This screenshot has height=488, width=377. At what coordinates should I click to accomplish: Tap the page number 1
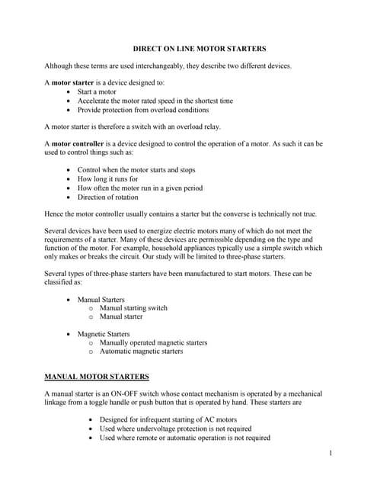[332, 454]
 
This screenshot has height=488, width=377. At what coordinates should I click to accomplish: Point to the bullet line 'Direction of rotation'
[108, 197]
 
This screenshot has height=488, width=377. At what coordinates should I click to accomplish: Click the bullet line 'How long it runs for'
[107, 178]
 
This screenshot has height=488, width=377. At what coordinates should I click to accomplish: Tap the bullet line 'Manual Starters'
[101, 299]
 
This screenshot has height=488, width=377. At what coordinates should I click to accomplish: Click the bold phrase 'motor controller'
[78, 143]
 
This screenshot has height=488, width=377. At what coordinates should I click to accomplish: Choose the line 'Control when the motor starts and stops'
[136, 169]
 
